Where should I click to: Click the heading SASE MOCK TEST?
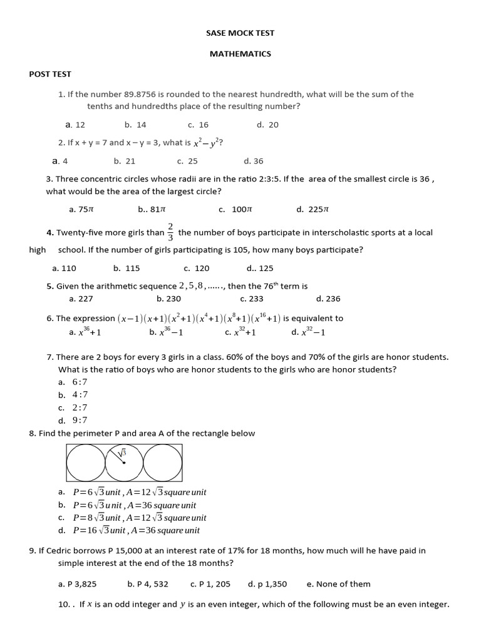click(x=240, y=33)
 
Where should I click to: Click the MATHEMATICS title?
click(x=240, y=54)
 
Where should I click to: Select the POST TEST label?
click(x=50, y=74)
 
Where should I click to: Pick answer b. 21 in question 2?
click(x=125, y=161)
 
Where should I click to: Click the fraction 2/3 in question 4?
click(x=170, y=232)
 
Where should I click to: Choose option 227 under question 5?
click(x=81, y=299)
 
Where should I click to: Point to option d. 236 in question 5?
click(x=328, y=299)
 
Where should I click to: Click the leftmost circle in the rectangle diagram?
click(x=85, y=463)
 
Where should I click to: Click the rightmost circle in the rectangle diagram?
click(x=162, y=463)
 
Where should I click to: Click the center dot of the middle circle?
click(x=124, y=463)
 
